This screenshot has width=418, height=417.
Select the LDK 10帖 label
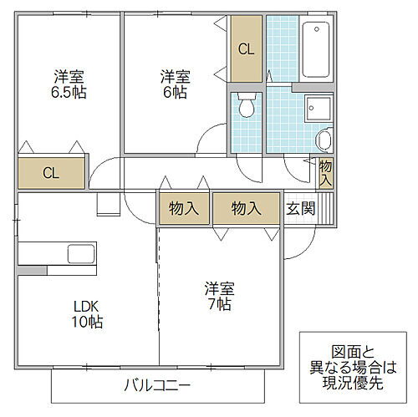(x=86, y=313)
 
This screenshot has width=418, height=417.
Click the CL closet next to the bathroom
(x=246, y=49)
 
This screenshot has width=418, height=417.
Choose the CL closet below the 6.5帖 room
(x=51, y=174)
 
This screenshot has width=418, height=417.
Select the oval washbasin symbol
(x=324, y=140)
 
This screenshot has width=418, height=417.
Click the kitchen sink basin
(x=81, y=254)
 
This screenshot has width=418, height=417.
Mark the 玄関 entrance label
(x=301, y=208)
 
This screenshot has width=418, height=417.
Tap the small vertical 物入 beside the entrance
(x=325, y=172)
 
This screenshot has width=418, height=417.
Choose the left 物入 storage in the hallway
(x=183, y=208)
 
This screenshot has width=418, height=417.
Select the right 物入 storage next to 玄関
(x=246, y=208)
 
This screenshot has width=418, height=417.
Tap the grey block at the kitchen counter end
(x=30, y=271)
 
